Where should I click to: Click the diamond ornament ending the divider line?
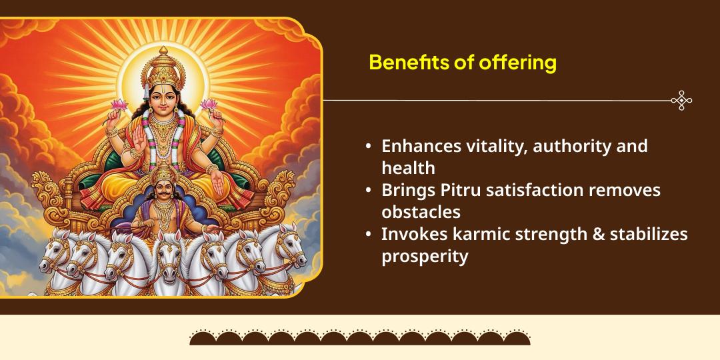[681, 101]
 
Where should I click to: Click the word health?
[408, 168]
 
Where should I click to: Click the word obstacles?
[421, 212]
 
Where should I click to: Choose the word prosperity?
[425, 256]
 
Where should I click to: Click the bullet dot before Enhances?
[369, 146]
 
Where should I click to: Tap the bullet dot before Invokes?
[369, 234]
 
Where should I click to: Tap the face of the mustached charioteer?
[163, 191]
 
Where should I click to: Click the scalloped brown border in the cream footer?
[360, 337]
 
